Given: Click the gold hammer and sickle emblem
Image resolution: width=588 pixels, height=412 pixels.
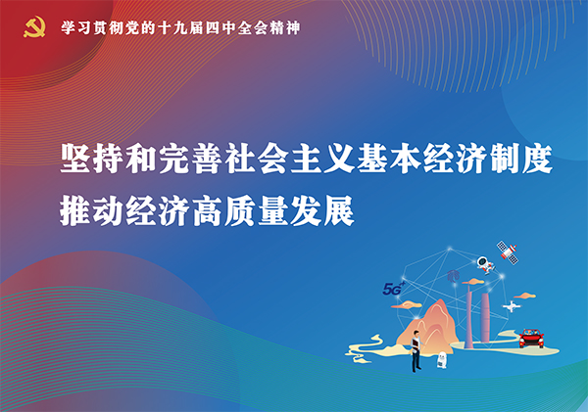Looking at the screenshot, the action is pyautogui.click(x=34, y=27).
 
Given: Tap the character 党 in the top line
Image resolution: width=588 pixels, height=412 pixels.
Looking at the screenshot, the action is pyautogui.click(x=133, y=28).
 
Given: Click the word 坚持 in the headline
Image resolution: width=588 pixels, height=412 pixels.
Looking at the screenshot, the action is pyautogui.click(x=92, y=159).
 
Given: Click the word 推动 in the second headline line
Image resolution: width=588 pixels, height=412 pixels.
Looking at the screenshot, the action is pyautogui.click(x=92, y=210).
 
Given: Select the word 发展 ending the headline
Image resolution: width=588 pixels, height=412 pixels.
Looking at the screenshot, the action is pyautogui.click(x=322, y=210).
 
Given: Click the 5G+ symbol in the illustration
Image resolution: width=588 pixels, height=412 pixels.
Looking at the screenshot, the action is pyautogui.click(x=394, y=289).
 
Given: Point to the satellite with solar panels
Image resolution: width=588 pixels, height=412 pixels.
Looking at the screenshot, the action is pyautogui.click(x=507, y=251).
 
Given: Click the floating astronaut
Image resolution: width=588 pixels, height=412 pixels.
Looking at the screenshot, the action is pyautogui.click(x=486, y=264).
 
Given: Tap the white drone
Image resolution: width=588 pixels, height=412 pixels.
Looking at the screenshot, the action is pyautogui.click(x=512, y=306).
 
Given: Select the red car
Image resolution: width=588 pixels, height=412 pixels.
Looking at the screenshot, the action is pyautogui.click(x=531, y=339).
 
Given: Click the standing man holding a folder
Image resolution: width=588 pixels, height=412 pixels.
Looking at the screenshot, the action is pyautogui.click(x=416, y=350).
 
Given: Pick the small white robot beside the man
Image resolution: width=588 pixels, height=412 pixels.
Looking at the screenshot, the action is pyautogui.click(x=442, y=359).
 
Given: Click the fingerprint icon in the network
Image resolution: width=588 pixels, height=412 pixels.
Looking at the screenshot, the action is pyautogui.click(x=453, y=276).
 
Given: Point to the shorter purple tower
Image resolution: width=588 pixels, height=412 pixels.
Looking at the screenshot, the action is pyautogui.click(x=485, y=318).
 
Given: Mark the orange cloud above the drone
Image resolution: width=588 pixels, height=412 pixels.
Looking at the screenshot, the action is pyautogui.click(x=524, y=296).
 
